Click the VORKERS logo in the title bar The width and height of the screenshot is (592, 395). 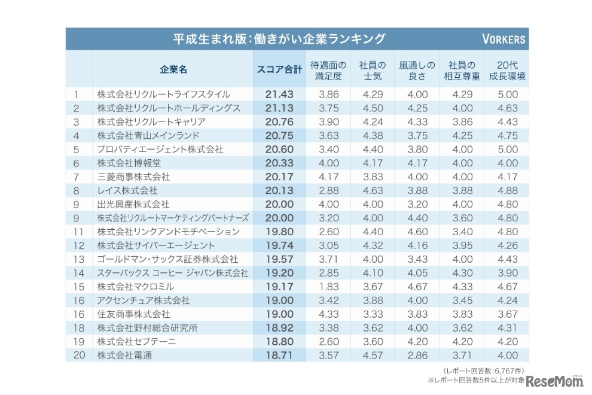pos(503,40)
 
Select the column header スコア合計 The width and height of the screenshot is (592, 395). pos(279,69)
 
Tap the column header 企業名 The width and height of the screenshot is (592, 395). pos(173,69)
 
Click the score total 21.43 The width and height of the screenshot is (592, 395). pos(279,95)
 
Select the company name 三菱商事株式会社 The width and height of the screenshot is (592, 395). pos(133,177)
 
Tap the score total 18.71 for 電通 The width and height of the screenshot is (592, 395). pos(279,355)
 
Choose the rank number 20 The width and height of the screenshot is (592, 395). pos(77,355)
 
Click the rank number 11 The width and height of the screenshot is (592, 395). pos(76,232)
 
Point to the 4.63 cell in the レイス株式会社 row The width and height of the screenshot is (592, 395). pos(372,190)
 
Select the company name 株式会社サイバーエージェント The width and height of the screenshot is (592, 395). pos(156,245)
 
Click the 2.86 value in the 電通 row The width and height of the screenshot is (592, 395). pos(417,355)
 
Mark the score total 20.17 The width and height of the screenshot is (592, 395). pos(279,177)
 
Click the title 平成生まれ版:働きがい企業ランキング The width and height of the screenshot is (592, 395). pos(279,39)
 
